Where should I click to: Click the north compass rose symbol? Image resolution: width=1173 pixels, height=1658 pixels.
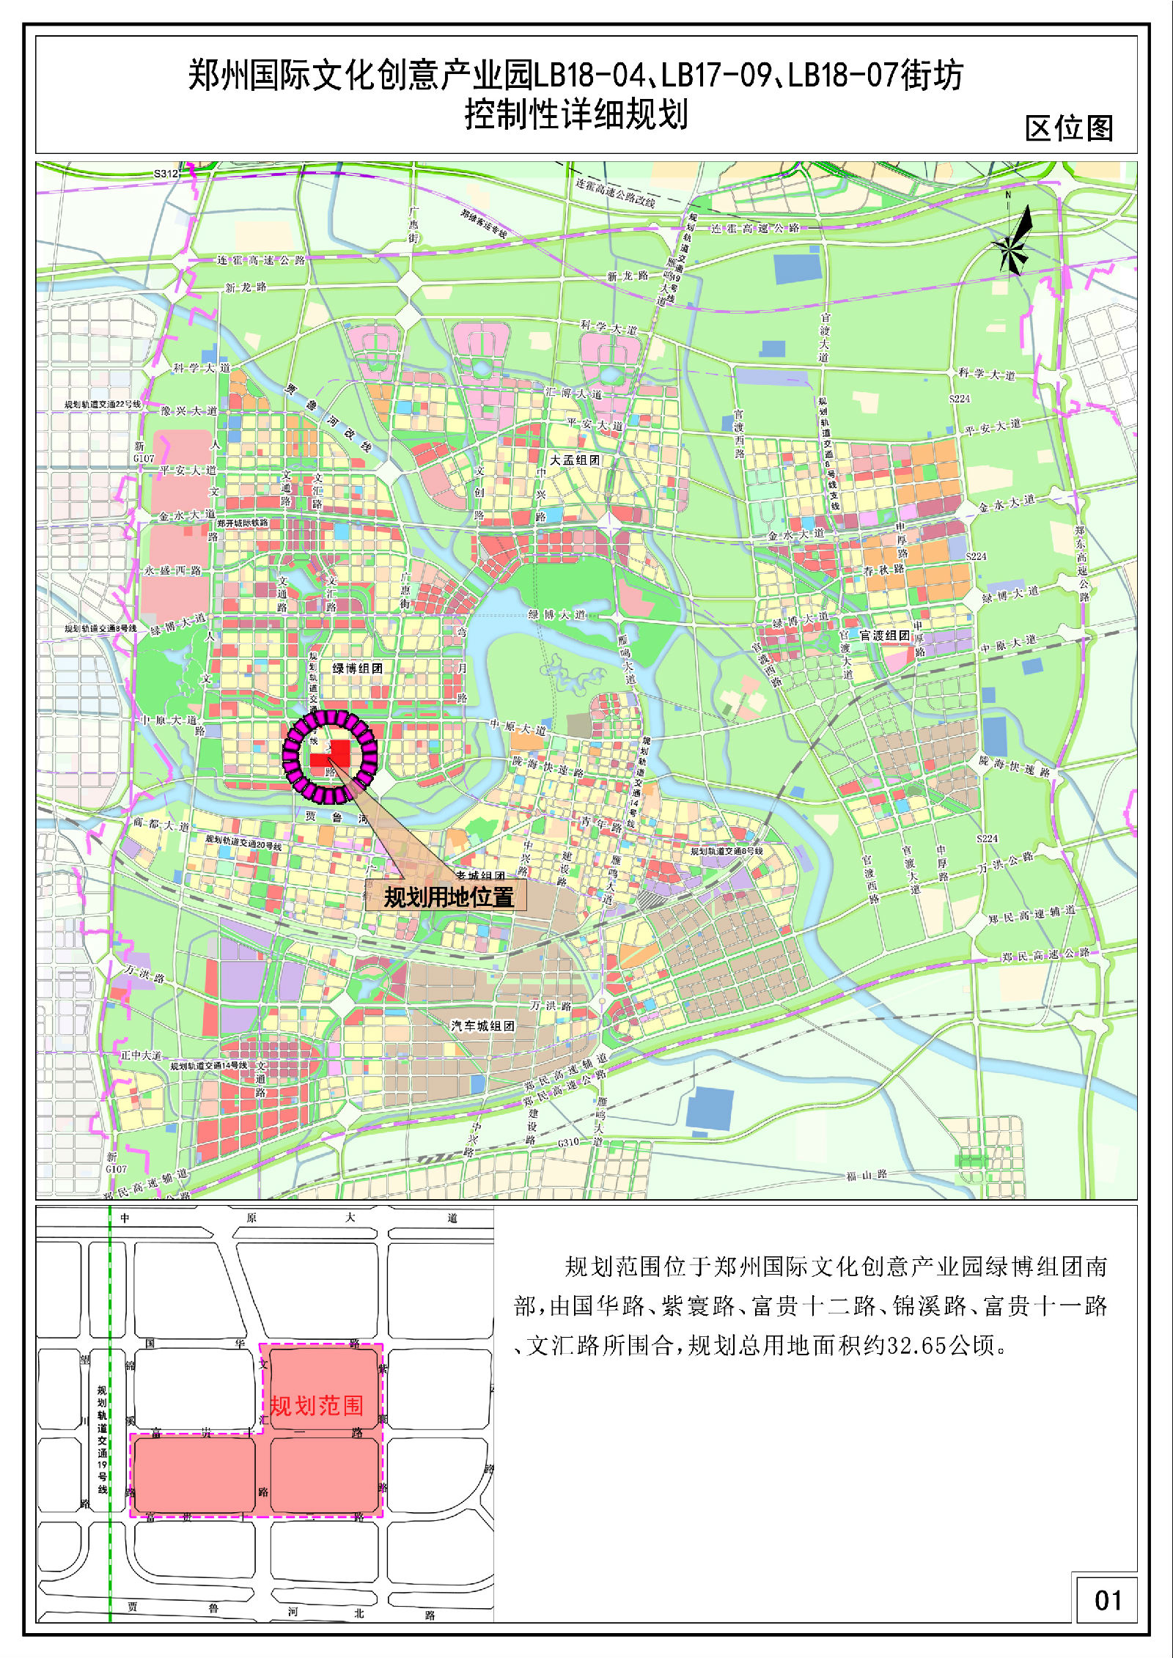coord(1012,242)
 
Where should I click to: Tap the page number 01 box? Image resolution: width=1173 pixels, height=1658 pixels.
coord(1107,1600)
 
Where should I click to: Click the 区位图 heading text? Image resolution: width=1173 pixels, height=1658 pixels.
coord(1069,128)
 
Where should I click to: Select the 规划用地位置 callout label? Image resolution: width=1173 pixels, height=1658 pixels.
coord(449,896)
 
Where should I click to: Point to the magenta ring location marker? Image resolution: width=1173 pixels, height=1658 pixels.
coord(330,757)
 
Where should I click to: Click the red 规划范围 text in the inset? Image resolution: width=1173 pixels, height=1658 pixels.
coord(317,1405)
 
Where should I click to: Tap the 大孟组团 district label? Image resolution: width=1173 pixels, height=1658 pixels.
coord(575,460)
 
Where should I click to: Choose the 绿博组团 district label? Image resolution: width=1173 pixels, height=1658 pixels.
coord(357,668)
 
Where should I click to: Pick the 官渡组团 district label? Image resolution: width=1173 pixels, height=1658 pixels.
coord(884,635)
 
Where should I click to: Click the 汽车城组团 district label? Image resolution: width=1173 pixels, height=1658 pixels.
coord(482,1025)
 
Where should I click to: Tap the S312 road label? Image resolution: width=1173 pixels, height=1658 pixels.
coord(166,174)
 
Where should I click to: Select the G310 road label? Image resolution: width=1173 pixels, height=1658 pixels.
coord(568,1142)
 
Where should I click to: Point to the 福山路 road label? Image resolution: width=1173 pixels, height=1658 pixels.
coord(867,1175)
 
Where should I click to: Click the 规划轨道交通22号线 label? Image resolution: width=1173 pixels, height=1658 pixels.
coord(103,405)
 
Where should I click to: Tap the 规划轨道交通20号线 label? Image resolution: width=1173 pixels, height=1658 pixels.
coord(243,839)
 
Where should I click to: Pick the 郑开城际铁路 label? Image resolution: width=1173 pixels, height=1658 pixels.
coord(243,523)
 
